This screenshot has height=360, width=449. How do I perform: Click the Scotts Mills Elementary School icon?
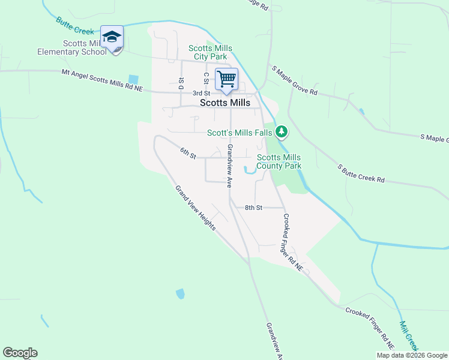pyautogui.click(x=112, y=38)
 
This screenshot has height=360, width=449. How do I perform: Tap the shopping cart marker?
pyautogui.click(x=226, y=79)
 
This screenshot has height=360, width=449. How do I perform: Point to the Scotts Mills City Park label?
pyautogui.click(x=210, y=52)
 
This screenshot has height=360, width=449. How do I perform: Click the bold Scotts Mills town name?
pyautogui.click(x=224, y=103)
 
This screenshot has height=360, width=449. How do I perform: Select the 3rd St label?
pyautogui.click(x=201, y=93)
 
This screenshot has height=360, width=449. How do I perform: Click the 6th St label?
pyautogui.click(x=188, y=154)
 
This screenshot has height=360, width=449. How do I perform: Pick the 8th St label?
pyautogui.click(x=253, y=208)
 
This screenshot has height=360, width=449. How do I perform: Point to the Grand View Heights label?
pyautogui.click(x=196, y=208)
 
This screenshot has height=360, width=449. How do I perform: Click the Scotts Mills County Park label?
pyautogui.click(x=279, y=161)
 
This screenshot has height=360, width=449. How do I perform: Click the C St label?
pyautogui.click(x=206, y=78)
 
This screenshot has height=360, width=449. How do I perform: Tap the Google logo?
pyautogui.click(x=20, y=353)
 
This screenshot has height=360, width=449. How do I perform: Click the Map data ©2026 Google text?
pyautogui.click(x=411, y=355)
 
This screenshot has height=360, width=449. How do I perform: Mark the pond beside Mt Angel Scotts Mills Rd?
pyautogui.click(x=133, y=79)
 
